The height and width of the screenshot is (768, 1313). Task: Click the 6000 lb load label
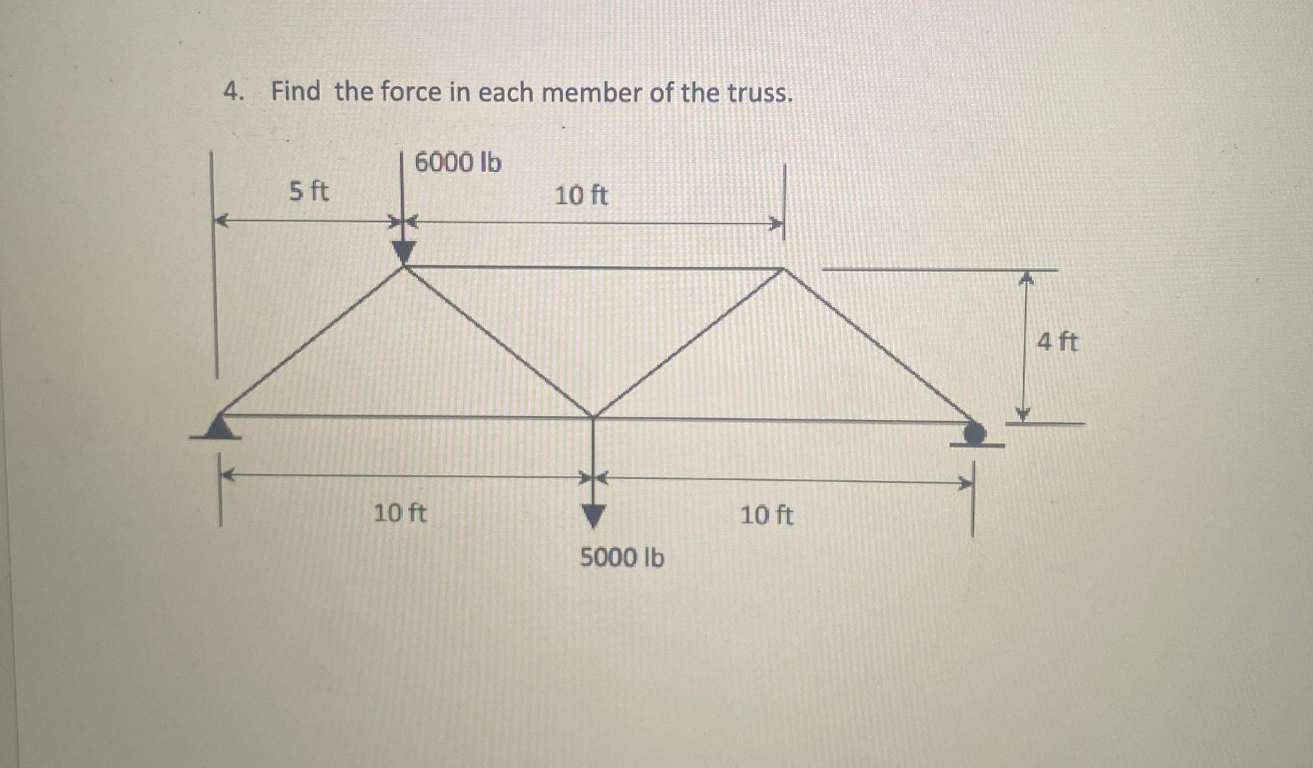(458, 162)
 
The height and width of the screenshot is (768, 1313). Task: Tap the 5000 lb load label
(622, 558)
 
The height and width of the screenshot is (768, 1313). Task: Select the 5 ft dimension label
(308, 191)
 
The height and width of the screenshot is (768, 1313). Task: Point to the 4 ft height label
(1057, 342)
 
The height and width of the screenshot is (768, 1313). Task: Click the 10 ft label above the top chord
(581, 195)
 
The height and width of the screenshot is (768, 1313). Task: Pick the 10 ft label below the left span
(399, 513)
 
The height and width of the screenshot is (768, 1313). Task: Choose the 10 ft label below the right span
(766, 515)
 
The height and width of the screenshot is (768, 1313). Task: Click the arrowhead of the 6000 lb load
(403, 252)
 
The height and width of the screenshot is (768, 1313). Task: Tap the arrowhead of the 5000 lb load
(593, 515)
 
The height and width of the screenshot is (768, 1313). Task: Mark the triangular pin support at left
(219, 428)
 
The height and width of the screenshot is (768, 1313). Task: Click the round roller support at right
(975, 434)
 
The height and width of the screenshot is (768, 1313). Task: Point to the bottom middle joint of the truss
(594, 417)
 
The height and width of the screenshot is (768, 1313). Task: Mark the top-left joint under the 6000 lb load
(403, 267)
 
